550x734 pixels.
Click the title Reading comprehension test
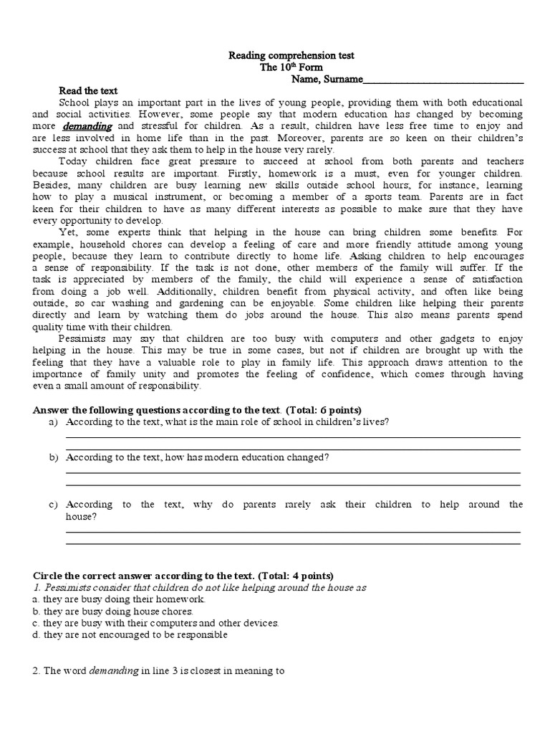[291, 55]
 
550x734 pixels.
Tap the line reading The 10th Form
[291, 67]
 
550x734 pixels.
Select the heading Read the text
[87, 91]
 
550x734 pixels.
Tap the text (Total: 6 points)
[328, 410]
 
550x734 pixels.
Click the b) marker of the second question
[53, 457]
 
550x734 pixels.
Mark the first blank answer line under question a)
[293, 436]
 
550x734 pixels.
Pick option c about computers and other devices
[156, 623]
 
